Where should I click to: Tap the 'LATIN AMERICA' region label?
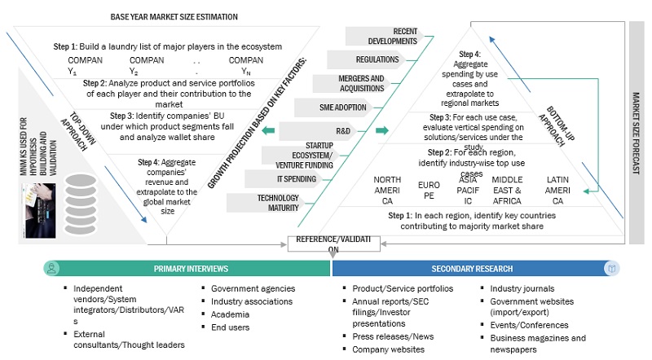[x=557, y=189]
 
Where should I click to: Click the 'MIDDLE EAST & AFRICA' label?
[x=507, y=189]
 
